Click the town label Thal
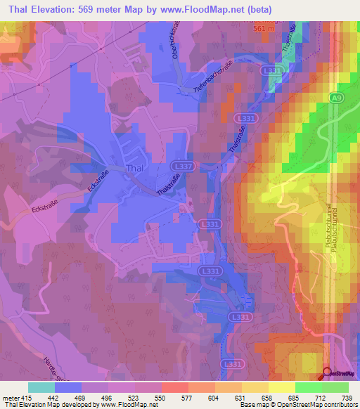pyautogui.click(x=135, y=168)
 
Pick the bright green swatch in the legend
pyautogui.click(x=308, y=387)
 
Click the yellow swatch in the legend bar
pyautogui.click(x=282, y=387)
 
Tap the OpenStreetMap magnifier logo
pyautogui.click(x=328, y=373)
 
